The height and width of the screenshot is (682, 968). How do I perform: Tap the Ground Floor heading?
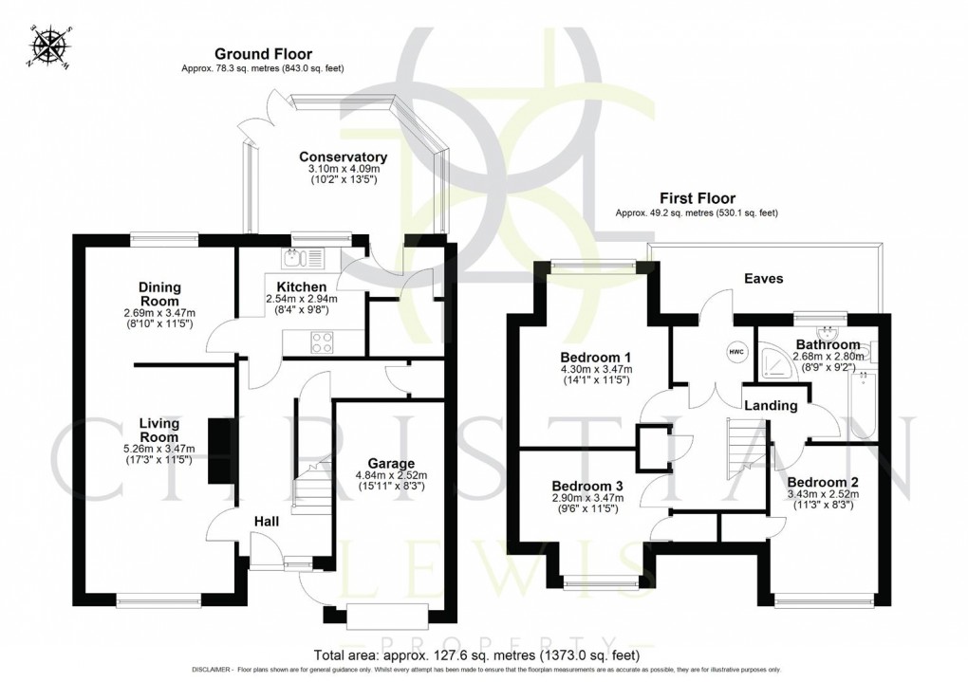pos(263,54)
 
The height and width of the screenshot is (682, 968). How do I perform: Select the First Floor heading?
pos(698,199)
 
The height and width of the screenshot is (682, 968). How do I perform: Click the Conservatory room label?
pos(343,157)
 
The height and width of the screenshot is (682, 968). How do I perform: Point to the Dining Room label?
pos(159,294)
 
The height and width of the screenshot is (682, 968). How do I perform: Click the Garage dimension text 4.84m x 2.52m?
pos(392,475)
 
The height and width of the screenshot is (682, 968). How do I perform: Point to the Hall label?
pos(267,522)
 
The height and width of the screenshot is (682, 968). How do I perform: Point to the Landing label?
pos(770,405)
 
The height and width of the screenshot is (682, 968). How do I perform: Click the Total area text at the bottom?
pos(475,654)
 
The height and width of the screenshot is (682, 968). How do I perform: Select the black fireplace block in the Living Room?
pos(220,452)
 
